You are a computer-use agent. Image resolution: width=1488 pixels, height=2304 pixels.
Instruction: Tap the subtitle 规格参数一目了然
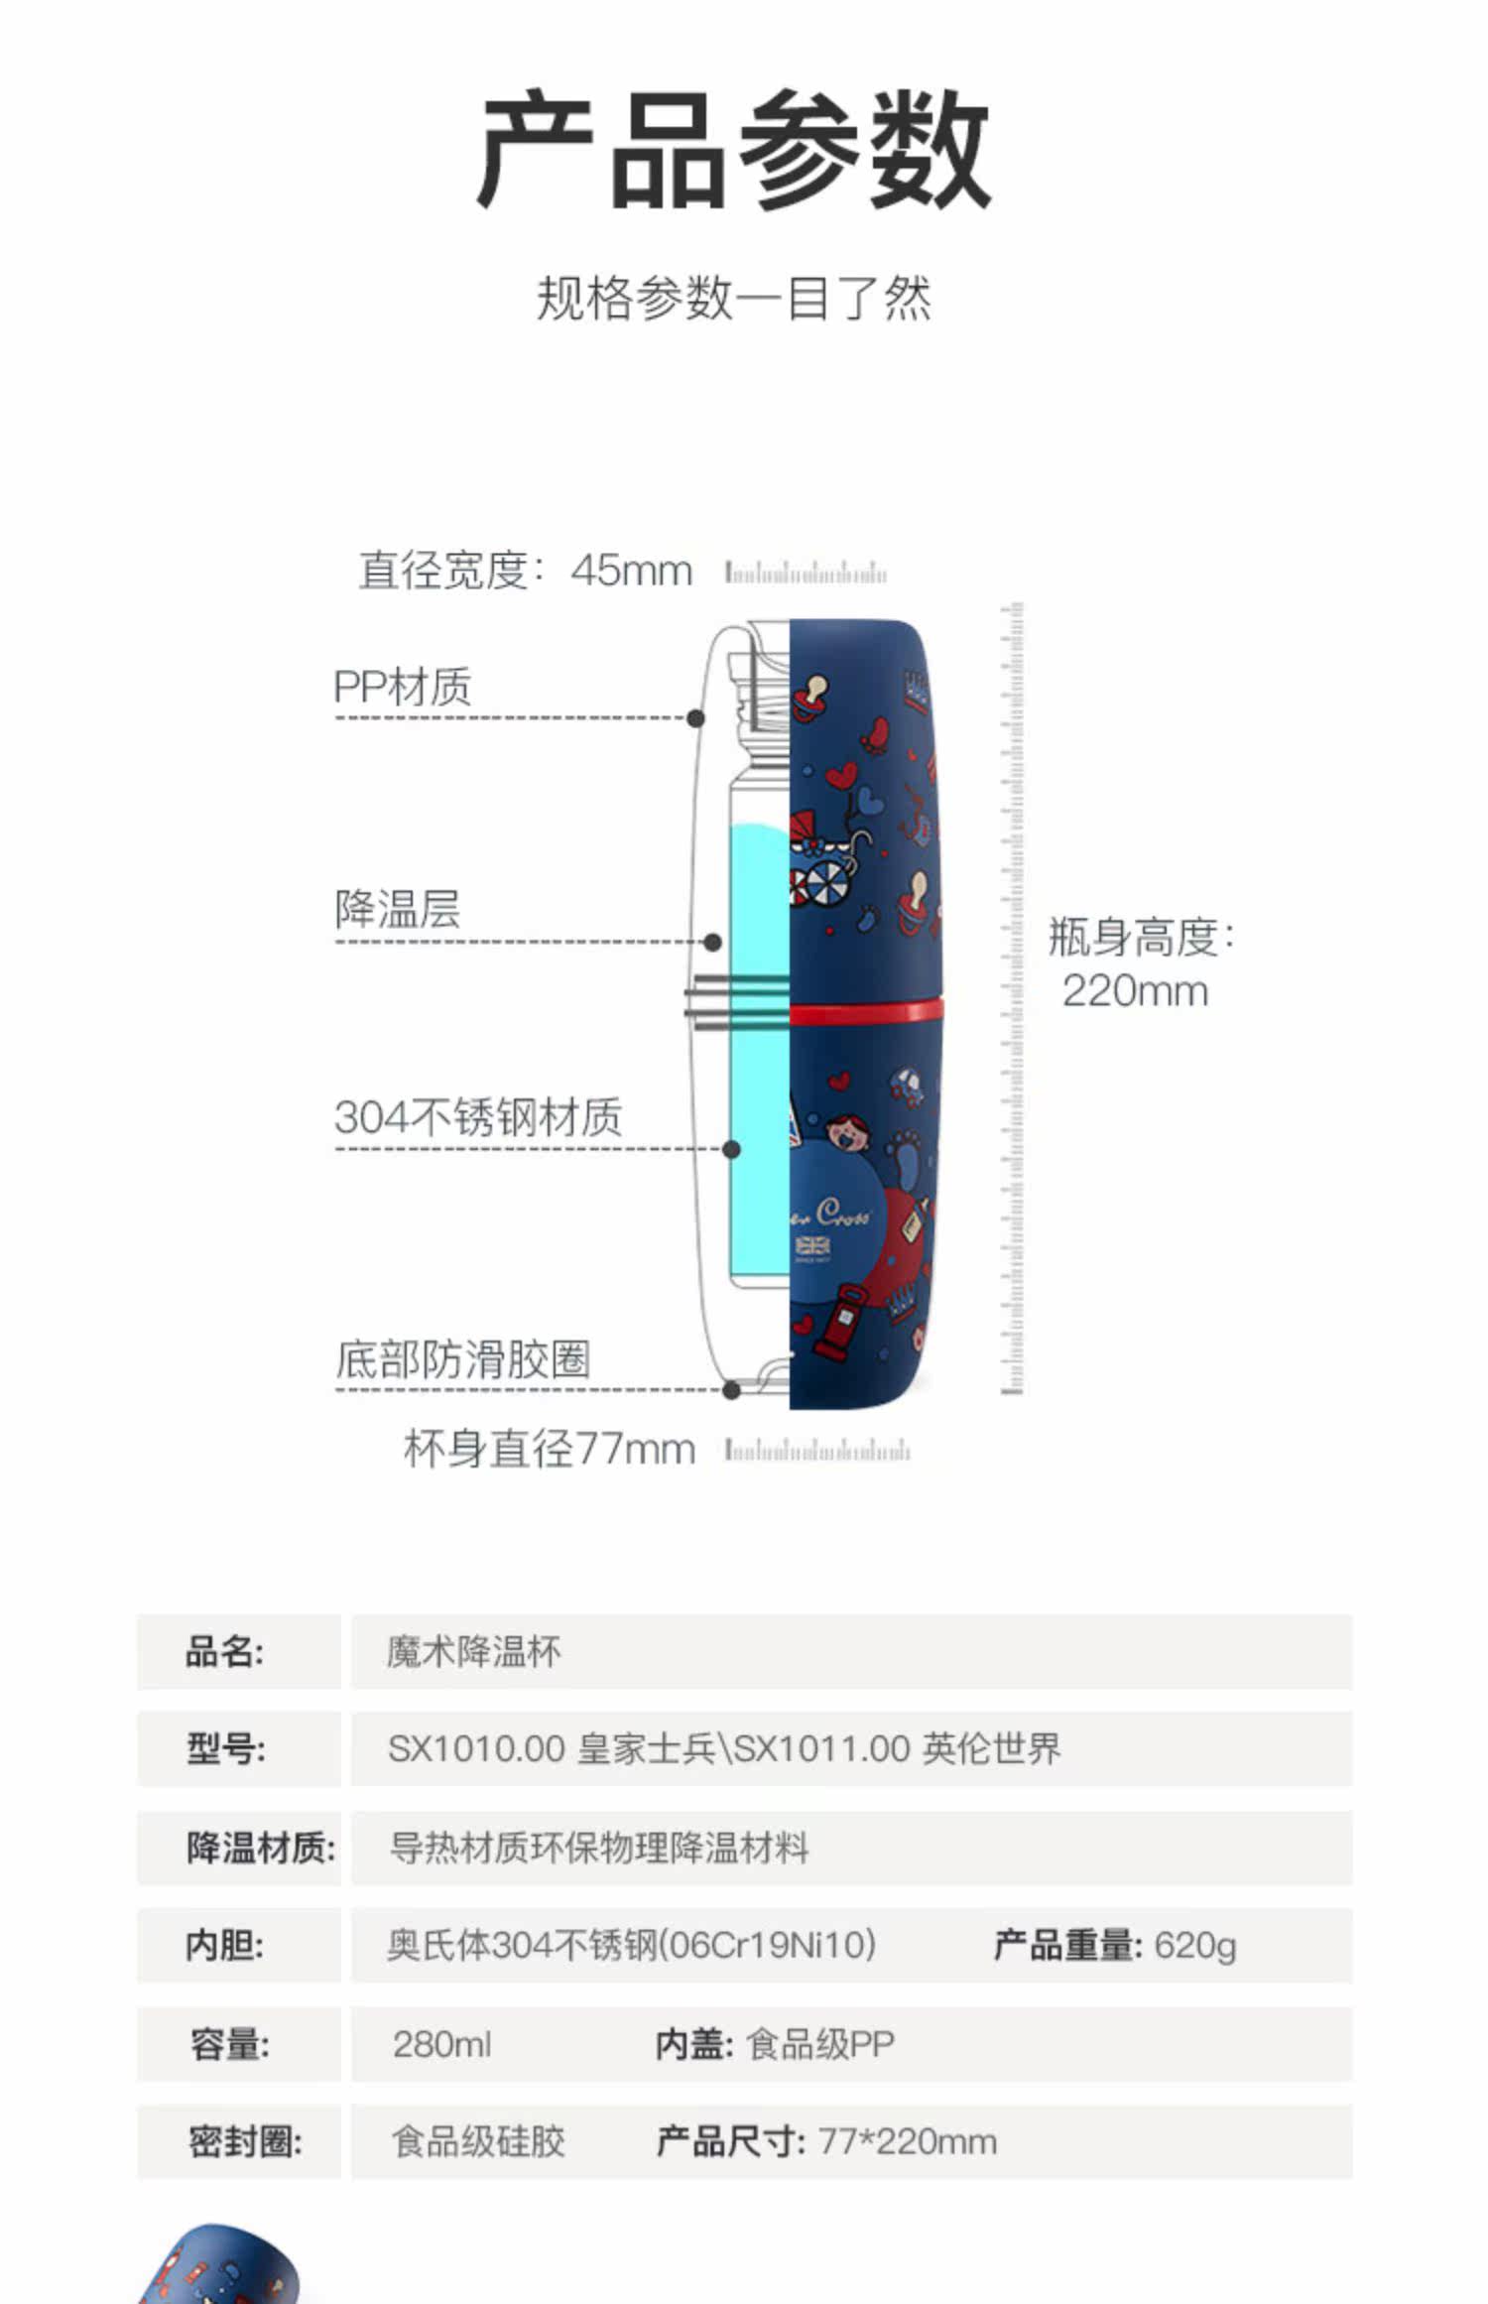click(x=734, y=299)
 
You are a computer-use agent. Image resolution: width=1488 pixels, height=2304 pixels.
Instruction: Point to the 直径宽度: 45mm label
click(x=525, y=571)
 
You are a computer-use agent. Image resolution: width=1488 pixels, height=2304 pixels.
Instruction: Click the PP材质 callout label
click(x=403, y=687)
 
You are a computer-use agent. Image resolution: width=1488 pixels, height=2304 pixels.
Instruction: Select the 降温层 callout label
click(x=398, y=909)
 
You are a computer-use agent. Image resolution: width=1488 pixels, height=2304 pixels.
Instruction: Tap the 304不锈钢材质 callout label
click(x=478, y=1117)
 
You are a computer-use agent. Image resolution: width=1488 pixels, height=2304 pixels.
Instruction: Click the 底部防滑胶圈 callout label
click(x=463, y=1359)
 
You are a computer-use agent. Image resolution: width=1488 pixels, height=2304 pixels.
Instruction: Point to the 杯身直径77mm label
click(x=549, y=1449)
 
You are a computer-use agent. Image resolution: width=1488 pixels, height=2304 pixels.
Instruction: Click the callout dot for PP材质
click(x=696, y=717)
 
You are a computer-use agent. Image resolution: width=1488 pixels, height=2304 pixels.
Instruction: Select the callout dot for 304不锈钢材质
click(x=732, y=1149)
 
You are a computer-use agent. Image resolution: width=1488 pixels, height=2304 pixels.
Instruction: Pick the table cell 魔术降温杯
click(x=474, y=1652)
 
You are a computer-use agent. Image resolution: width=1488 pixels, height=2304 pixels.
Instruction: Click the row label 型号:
click(x=226, y=1748)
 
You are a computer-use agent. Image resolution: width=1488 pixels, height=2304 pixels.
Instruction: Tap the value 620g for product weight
click(x=1195, y=1945)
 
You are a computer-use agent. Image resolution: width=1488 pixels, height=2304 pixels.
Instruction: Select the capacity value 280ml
click(x=441, y=2044)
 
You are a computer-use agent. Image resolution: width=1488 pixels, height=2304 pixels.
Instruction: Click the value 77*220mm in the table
click(x=907, y=2141)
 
